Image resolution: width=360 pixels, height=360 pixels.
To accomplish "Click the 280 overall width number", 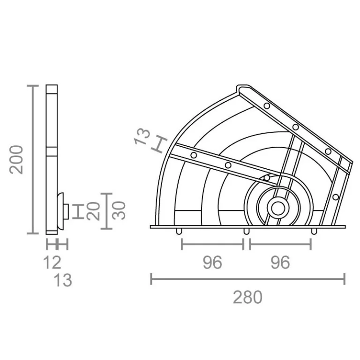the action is pyautogui.click(x=247, y=297).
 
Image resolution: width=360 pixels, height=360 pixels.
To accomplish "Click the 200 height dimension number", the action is pyautogui.click(x=16, y=160).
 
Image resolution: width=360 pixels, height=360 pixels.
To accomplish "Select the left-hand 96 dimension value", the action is pyautogui.click(x=212, y=262).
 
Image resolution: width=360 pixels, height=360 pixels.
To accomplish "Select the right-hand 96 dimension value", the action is pyautogui.click(x=280, y=262).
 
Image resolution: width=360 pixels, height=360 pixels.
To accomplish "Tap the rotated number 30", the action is pyautogui.click(x=119, y=210).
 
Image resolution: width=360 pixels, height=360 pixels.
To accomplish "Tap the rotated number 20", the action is pyautogui.click(x=94, y=211).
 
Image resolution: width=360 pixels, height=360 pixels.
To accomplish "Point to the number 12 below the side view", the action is pyautogui.click(x=52, y=262).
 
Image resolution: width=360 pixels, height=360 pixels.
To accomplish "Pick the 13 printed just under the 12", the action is pyautogui.click(x=63, y=280).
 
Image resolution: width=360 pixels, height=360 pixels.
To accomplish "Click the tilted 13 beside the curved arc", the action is pyautogui.click(x=142, y=136).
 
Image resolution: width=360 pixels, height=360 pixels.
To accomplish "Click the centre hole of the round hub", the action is pyautogui.click(x=278, y=208).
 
